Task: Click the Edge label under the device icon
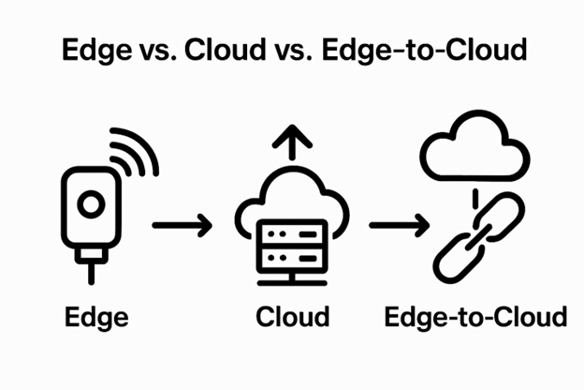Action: [x=96, y=316]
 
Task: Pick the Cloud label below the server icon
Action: [x=292, y=316]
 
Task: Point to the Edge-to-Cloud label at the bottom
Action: [x=475, y=316]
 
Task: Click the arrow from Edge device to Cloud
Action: [x=182, y=225]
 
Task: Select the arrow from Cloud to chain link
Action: [x=399, y=225]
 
